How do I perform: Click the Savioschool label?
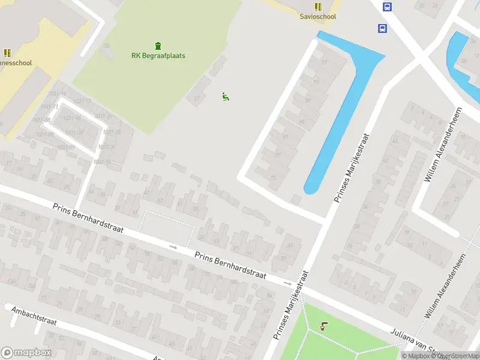pyautogui.click(x=318, y=17)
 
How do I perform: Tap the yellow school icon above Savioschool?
pyautogui.click(x=318, y=7)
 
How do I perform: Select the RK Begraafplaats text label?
pyautogui.click(x=158, y=56)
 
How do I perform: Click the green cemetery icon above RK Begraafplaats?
pyautogui.click(x=158, y=46)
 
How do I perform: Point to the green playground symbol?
pyautogui.click(x=226, y=96)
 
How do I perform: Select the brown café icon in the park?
pyautogui.click(x=324, y=326)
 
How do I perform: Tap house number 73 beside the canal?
pyautogui.click(x=273, y=178)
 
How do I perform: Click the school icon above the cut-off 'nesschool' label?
pyautogui.click(x=7, y=53)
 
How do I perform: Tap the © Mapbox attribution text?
pyautogui.click(x=416, y=356)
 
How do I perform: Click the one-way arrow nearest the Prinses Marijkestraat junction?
pyautogui.click(x=288, y=283)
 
